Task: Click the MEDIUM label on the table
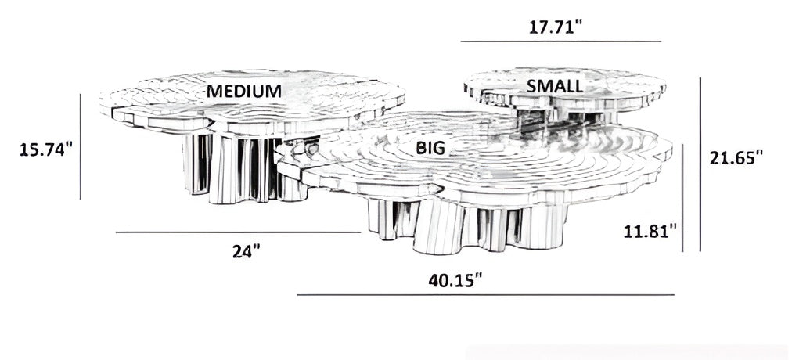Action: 243,91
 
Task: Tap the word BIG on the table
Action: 430,147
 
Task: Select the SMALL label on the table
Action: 554,85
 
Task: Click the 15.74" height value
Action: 46,149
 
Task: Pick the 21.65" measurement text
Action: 736,157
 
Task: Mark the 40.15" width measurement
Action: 455,279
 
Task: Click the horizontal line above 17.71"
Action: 560,41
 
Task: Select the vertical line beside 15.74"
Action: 81,146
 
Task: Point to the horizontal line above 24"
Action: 238,232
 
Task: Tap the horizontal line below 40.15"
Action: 485,295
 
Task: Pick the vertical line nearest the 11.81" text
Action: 683,196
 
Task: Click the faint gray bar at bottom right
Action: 626,352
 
